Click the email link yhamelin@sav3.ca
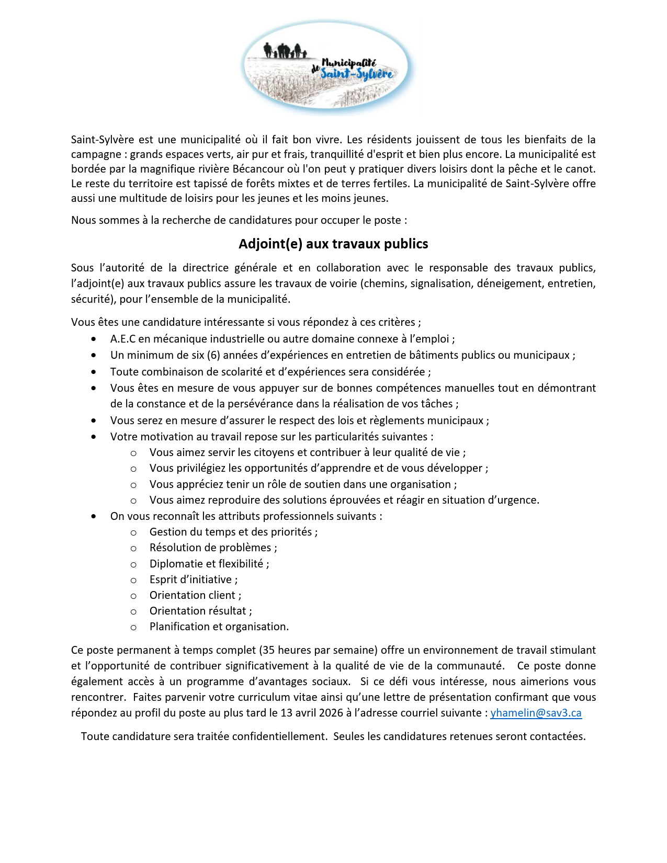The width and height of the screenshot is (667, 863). tap(536, 713)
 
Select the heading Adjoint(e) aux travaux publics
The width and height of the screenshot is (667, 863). tap(333, 244)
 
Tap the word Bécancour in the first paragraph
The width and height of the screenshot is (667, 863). tap(257, 169)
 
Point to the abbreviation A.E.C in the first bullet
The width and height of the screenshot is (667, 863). tap(123, 339)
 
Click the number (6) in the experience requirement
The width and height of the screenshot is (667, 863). tap(213, 355)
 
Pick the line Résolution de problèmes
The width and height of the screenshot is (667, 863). tap(213, 548)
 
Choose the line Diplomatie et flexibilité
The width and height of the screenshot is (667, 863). tap(209, 564)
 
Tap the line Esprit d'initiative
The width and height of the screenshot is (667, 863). tap(193, 580)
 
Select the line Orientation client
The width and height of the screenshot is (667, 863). tap(195, 595)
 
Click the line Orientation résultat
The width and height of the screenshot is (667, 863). tap(200, 611)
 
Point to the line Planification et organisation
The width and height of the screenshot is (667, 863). tap(219, 627)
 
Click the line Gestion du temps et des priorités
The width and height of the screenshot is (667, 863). tap(233, 532)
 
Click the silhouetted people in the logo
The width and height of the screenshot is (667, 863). tap(284, 51)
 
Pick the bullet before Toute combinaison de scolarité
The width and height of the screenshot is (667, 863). tap(94, 372)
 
